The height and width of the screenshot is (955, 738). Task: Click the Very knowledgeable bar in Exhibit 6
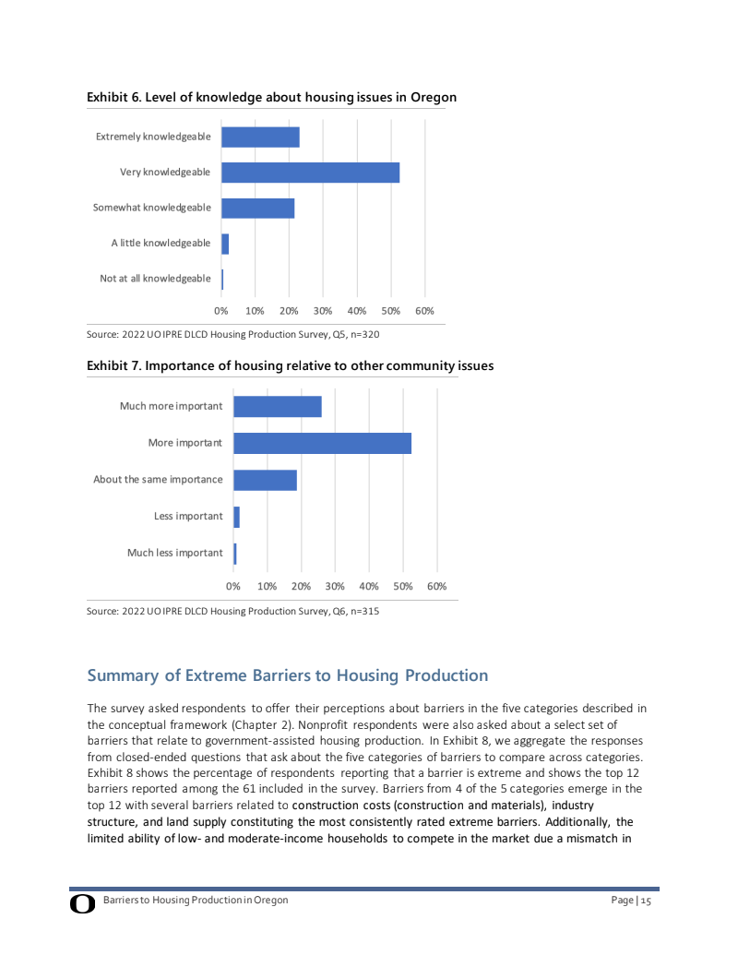coord(310,173)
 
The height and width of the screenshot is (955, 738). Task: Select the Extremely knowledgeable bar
coord(260,137)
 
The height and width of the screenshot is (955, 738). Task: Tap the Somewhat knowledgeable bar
coord(257,209)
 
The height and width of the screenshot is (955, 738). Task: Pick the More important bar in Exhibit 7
coord(322,443)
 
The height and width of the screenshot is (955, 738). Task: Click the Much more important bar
coord(277,406)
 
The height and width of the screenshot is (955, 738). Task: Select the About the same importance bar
coord(265,480)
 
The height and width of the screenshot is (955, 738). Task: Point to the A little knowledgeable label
coord(161,244)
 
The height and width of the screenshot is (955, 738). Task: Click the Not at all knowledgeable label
coord(155,279)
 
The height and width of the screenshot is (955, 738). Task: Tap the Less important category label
coord(188,516)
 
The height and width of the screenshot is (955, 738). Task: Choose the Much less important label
coord(174,553)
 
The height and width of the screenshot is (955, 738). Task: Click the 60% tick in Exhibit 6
coord(424,311)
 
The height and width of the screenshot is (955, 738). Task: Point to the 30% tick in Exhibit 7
coord(335,586)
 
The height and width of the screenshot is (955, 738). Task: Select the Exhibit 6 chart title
coord(271,97)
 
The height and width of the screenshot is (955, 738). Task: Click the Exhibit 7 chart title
coord(290,366)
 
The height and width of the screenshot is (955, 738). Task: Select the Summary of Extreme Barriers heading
coord(287,675)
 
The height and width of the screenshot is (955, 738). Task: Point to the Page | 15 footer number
coord(631,901)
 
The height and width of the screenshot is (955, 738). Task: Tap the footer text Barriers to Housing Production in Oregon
coord(196,900)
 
